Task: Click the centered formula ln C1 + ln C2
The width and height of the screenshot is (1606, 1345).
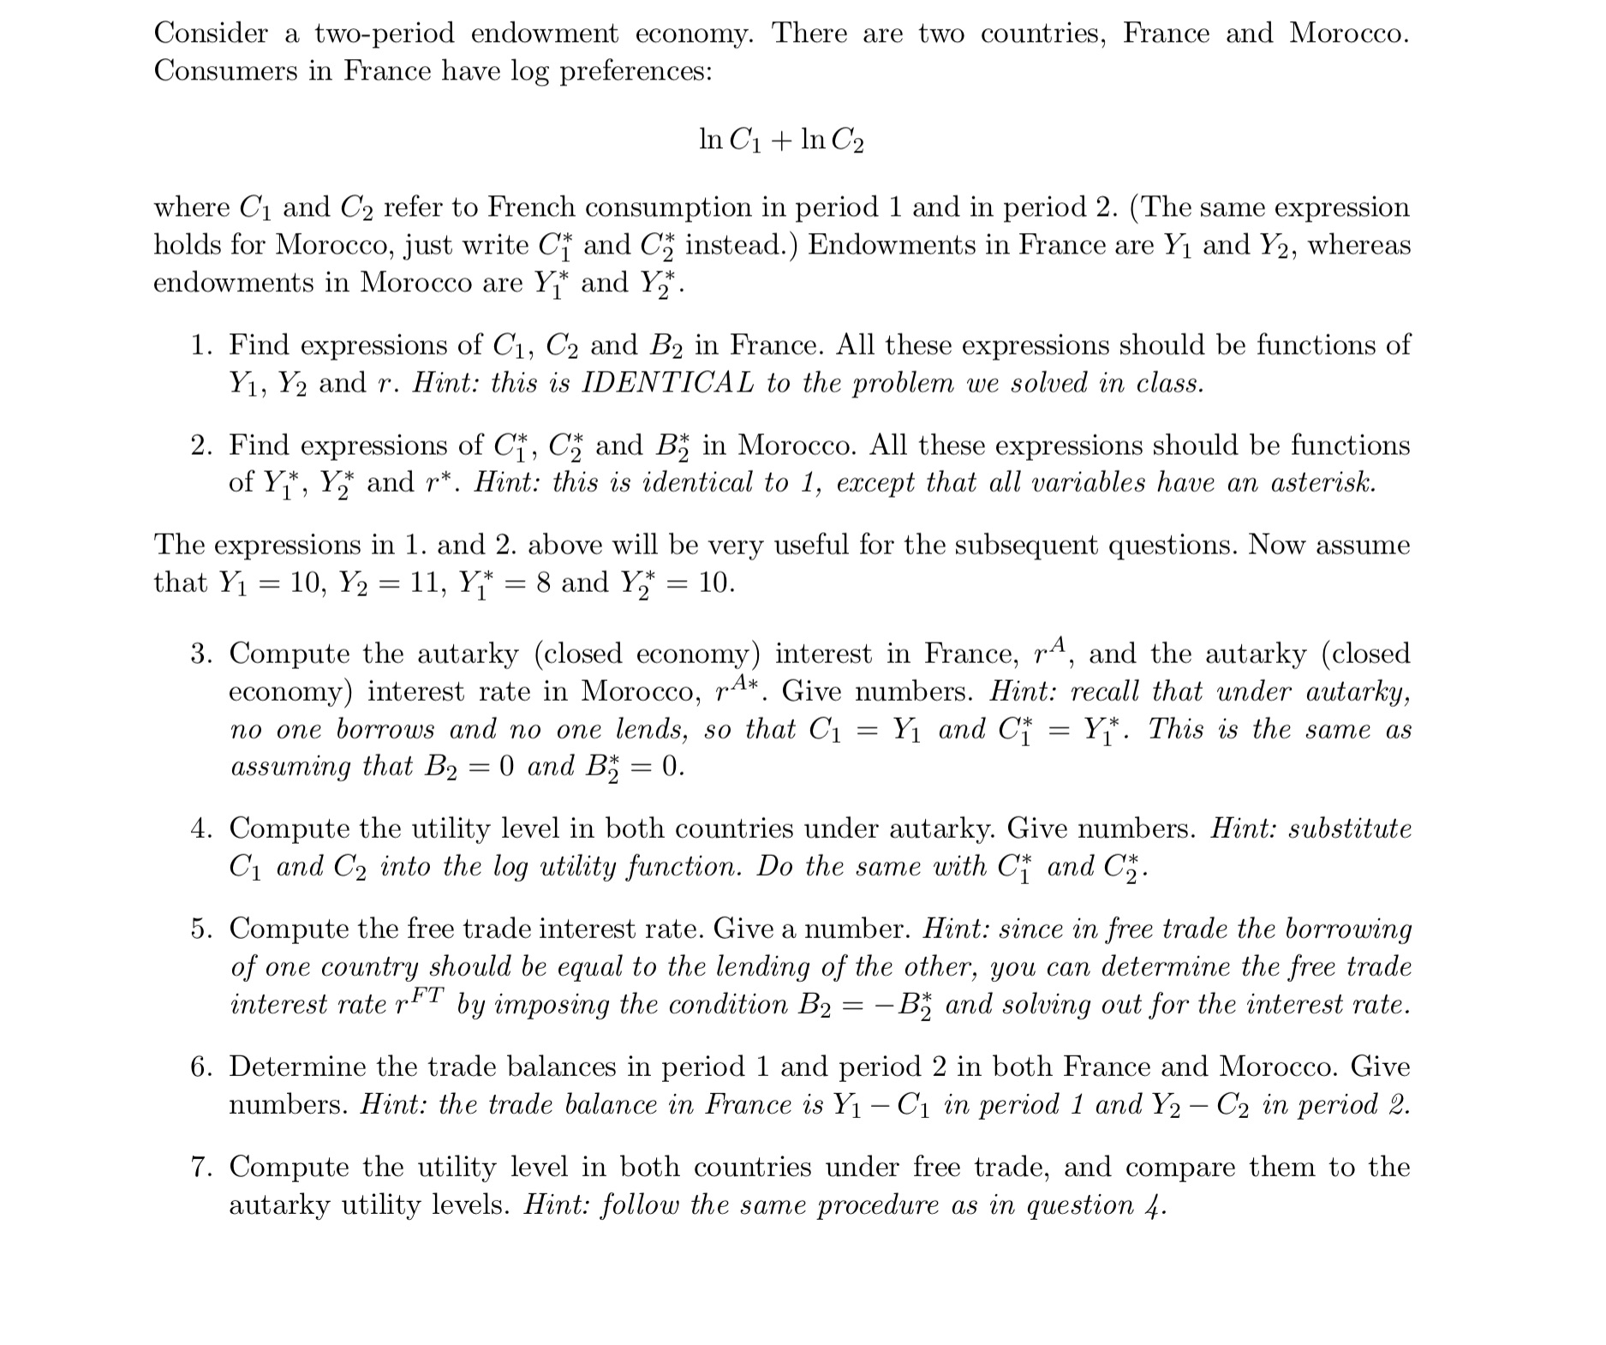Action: point(781,140)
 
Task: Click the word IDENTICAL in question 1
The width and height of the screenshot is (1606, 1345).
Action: point(667,383)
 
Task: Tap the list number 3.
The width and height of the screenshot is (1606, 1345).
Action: point(201,655)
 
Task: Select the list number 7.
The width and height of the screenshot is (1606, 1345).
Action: point(201,1168)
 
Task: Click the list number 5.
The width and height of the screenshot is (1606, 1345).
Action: point(201,930)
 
